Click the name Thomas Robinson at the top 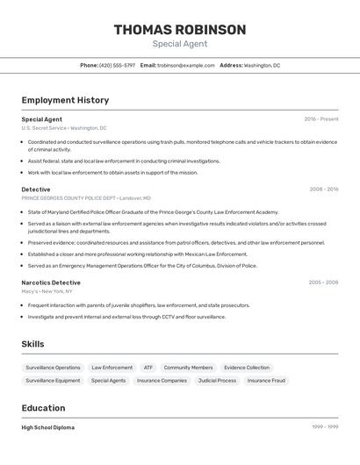tap(180, 30)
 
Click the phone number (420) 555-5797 tap(117, 65)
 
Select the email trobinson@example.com tap(185, 65)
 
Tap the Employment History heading tap(65, 100)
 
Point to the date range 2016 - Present tap(321, 118)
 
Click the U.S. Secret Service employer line tap(64, 128)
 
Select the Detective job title tap(36, 189)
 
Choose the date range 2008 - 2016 tap(324, 189)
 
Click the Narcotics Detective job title tap(51, 283)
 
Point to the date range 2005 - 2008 tap(323, 283)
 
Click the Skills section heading tap(32, 344)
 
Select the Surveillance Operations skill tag tap(53, 368)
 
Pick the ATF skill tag tap(148, 368)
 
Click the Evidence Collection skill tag tap(247, 368)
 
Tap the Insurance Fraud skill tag tap(266, 381)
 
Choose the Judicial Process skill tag tap(217, 381)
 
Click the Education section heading tap(43, 408)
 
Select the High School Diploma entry tap(48, 427)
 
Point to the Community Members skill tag tap(188, 368)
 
